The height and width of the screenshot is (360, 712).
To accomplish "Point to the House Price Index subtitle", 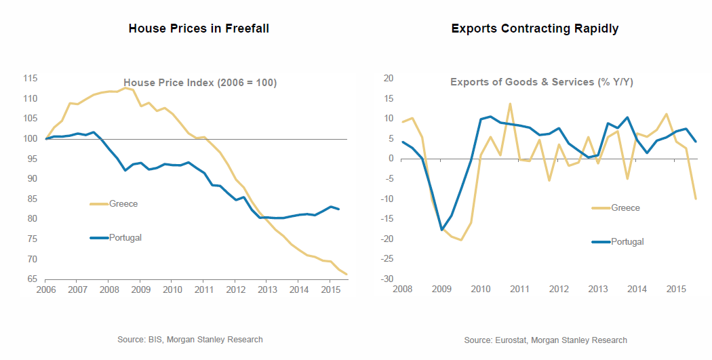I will pos(200,83).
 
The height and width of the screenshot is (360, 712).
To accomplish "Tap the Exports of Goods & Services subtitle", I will pos(542,82).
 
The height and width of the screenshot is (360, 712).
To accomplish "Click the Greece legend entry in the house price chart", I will pos(123,203).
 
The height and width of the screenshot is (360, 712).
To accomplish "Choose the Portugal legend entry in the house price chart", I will pos(125,237).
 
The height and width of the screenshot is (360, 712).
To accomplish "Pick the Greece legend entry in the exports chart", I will pos(625,207).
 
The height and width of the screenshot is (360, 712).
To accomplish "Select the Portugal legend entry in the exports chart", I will pos(627,241).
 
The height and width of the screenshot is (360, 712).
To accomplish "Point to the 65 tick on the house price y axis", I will pos(32,279).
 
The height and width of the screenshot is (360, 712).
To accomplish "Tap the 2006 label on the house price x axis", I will pos(45,291).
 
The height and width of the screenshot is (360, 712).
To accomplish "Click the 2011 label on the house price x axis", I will pos(203,291).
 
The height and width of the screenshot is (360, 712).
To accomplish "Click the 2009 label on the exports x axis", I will pos(441,291).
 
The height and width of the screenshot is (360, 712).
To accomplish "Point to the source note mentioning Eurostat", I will pos(546,340).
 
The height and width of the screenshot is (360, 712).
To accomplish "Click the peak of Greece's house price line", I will pos(124,87).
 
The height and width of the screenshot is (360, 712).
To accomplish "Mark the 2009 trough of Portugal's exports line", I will pos(441,230).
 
